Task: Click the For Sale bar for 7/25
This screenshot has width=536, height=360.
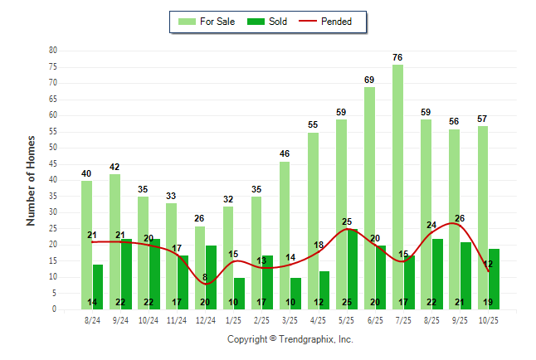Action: point(398,187)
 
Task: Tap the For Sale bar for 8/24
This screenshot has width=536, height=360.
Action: point(87,245)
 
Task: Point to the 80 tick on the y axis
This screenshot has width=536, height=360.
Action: point(52,51)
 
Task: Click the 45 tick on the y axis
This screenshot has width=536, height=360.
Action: point(52,164)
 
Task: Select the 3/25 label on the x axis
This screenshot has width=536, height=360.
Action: point(290,319)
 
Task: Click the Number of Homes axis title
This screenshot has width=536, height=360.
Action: point(32,180)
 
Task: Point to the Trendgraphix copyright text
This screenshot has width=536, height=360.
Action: point(290,339)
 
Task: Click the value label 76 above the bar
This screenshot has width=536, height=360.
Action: point(398,57)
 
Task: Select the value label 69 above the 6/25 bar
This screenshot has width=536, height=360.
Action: point(370,80)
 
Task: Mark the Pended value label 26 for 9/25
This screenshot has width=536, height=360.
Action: point(460,218)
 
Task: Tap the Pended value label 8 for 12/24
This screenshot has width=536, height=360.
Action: point(205,277)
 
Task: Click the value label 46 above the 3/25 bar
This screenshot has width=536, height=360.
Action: point(285,154)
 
